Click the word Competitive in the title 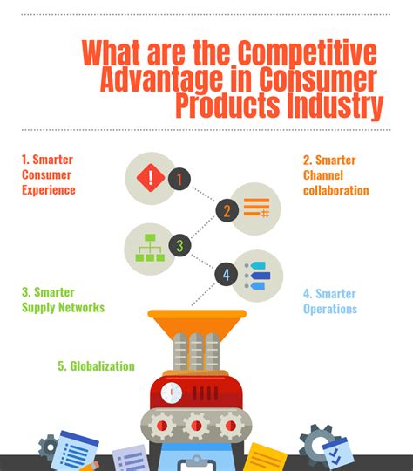point(308,53)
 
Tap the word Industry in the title point(335,106)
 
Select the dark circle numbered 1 point(179,179)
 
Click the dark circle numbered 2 point(227,210)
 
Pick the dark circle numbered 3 point(179,245)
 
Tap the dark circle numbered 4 point(227,274)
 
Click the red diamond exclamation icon point(151,178)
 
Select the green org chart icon point(150,248)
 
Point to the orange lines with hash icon point(257,208)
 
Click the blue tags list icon point(258,276)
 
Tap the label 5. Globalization point(96,366)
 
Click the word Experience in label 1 point(49,190)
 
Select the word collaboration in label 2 point(336,190)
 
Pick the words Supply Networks point(64,307)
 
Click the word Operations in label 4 point(330,309)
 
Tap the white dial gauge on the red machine point(171,392)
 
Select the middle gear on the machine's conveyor point(196,426)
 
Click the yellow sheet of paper point(265,457)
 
